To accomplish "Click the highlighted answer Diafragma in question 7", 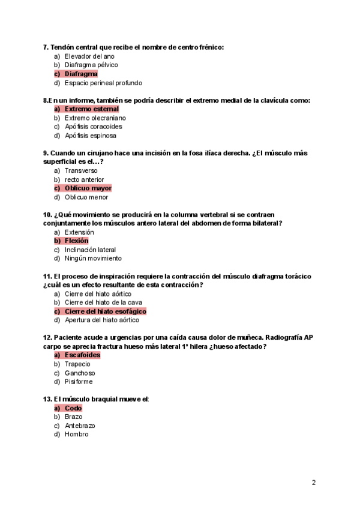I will (x=81, y=74).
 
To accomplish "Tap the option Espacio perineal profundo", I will (x=103, y=83).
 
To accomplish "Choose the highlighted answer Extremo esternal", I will (x=91, y=109).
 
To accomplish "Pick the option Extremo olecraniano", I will (x=95, y=118).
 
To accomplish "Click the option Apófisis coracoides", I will (x=93, y=127).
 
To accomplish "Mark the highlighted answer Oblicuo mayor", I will (x=88, y=188).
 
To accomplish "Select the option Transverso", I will (x=81, y=170).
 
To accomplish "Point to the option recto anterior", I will (x=84, y=179).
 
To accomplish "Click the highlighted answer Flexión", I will (x=76, y=241).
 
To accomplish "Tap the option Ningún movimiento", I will (x=93, y=259).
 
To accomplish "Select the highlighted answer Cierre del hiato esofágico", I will (x=105, y=312).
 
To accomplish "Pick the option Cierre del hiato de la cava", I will (x=103, y=303).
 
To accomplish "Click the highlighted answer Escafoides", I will (x=82, y=355).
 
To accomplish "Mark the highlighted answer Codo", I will (x=73, y=408).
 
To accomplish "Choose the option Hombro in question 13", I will (x=76, y=435).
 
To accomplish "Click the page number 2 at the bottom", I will (x=314, y=482).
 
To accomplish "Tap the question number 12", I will (x=47, y=337).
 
